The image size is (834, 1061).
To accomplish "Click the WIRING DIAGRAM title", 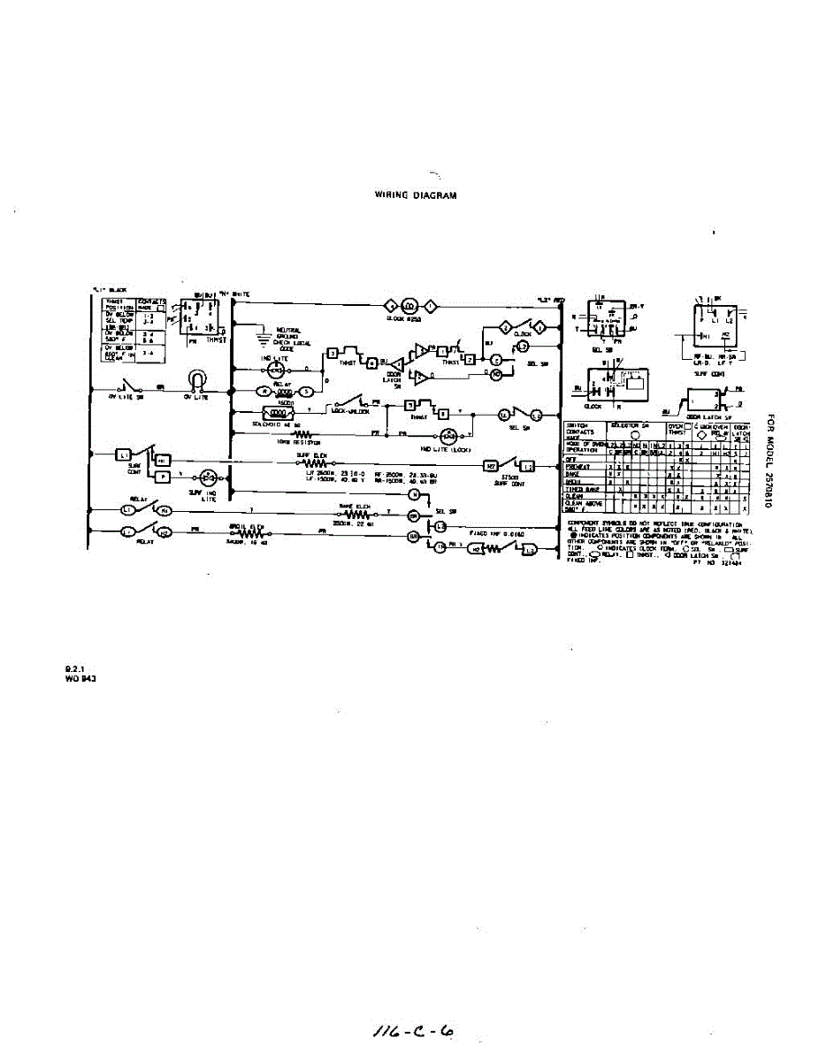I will (x=417, y=195).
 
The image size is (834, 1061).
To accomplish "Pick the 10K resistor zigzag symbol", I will (x=302, y=434).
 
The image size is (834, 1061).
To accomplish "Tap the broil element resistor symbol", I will (x=251, y=534).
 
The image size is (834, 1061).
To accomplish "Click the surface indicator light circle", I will (x=209, y=477).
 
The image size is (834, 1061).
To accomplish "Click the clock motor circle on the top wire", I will (x=409, y=307).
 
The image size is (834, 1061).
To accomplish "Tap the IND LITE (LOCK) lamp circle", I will (x=449, y=434).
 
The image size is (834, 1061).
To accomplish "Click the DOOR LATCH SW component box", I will (x=700, y=404).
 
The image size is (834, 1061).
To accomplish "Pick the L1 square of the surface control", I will (x=123, y=455).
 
